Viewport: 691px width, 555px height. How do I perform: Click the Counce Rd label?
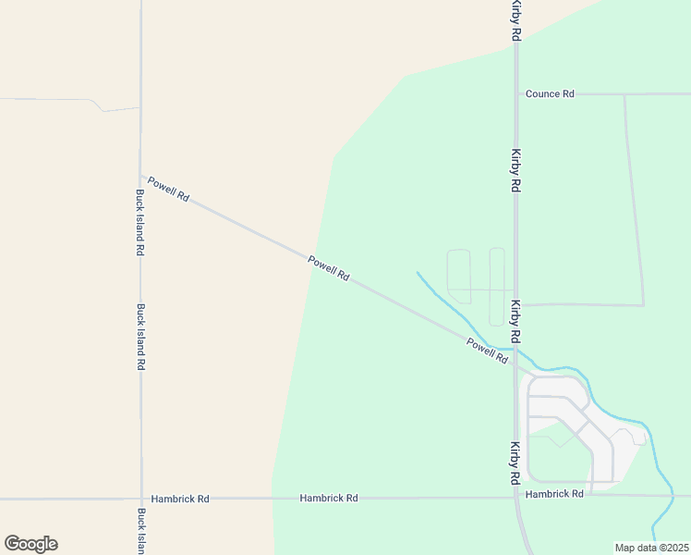[x=550, y=94]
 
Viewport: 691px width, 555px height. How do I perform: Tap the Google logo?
[x=30, y=544]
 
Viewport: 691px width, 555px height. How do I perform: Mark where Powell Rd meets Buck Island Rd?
[x=140, y=176]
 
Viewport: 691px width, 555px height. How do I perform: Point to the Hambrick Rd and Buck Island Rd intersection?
[x=141, y=499]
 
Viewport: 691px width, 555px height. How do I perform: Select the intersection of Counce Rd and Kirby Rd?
[x=516, y=94]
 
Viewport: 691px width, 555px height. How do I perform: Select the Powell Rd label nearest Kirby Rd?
[x=488, y=351]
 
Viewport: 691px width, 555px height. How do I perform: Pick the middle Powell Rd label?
[x=329, y=269]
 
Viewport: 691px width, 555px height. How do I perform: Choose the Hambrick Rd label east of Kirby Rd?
[x=554, y=494]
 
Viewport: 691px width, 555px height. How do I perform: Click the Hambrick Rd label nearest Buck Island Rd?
[x=180, y=499]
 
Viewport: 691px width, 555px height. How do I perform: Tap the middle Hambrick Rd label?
[x=329, y=498]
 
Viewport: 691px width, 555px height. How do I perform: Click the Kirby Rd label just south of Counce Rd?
[x=516, y=170]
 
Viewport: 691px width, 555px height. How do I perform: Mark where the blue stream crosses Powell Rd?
[x=473, y=336]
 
